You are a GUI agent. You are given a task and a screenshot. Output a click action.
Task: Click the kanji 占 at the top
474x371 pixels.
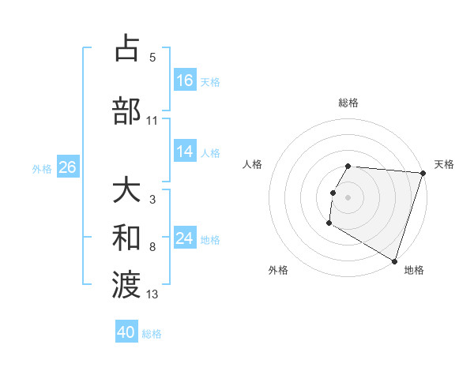tap(127, 50)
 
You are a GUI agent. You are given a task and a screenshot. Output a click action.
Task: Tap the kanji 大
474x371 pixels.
tap(127, 192)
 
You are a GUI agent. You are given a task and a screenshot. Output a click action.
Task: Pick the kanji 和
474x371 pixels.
tap(127, 238)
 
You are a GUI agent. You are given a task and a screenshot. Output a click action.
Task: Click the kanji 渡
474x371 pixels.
tap(127, 283)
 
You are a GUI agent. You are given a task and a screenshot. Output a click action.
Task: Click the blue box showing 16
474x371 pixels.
tap(185, 81)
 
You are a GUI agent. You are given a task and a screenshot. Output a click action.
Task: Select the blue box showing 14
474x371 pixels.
tap(185, 152)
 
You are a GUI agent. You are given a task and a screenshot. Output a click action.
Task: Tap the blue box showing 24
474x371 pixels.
tap(185, 238)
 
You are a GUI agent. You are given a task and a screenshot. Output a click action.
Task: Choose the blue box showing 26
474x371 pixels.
tap(67, 167)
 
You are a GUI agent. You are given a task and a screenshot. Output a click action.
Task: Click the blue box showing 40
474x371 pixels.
tap(126, 332)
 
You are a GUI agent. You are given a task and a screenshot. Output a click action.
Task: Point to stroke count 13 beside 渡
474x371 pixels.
tap(152, 294)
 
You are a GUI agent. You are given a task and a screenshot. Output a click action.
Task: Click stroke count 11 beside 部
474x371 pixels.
tap(152, 121)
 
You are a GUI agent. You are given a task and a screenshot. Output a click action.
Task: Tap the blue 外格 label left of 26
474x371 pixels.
tap(42, 168)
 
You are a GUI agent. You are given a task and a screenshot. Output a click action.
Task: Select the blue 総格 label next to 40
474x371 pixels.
tap(152, 333)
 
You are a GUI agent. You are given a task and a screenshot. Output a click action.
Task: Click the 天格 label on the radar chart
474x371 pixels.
tap(444, 164)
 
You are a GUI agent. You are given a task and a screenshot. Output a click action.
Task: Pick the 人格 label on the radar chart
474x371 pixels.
tap(253, 164)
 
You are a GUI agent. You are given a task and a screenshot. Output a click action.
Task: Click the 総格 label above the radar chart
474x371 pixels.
tap(348, 103)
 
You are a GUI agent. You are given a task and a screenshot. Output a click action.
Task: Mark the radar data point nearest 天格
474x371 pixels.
tap(423, 173)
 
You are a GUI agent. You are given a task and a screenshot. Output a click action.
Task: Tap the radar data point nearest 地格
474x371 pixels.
tap(394, 260)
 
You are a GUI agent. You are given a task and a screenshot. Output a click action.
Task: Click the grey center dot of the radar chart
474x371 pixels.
tap(348, 197)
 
